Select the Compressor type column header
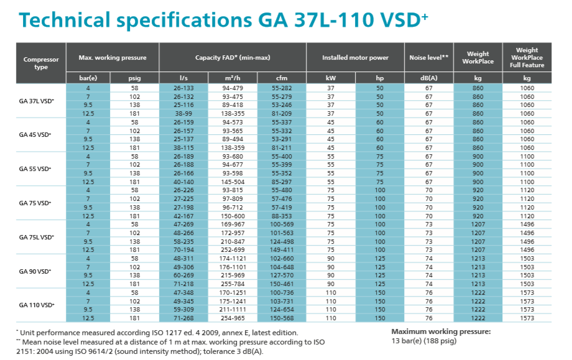point(41,63)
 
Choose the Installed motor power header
point(355,58)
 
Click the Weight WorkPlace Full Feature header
point(527,58)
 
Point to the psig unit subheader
point(135,78)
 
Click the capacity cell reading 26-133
point(184,88)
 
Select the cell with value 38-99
point(184,114)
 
